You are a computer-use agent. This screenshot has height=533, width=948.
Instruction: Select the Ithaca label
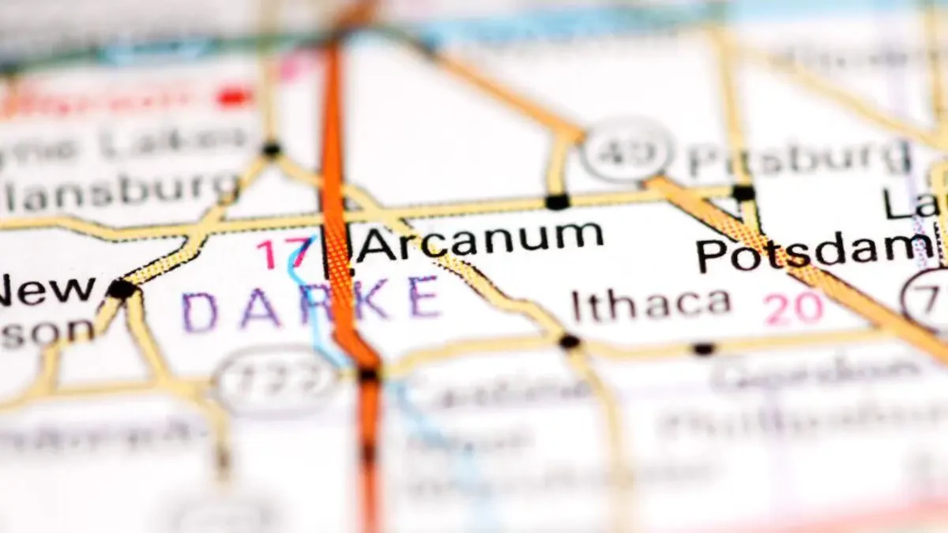[x=651, y=305]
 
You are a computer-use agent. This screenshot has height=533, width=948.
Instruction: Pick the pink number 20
[x=795, y=308]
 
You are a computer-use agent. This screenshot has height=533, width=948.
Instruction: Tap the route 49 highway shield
[x=627, y=149]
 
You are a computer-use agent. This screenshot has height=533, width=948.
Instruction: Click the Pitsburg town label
[x=798, y=157]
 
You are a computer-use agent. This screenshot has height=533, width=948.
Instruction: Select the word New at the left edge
[x=47, y=291]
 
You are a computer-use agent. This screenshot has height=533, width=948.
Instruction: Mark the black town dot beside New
[x=122, y=289]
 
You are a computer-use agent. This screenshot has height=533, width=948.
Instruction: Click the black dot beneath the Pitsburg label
[x=743, y=192]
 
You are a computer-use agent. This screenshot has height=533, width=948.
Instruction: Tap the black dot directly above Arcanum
[x=558, y=201]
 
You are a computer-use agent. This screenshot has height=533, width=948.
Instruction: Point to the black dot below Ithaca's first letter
[x=569, y=342]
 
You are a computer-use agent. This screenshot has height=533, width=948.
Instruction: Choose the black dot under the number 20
[x=702, y=348]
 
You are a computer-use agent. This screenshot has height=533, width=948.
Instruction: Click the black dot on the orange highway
[x=368, y=375]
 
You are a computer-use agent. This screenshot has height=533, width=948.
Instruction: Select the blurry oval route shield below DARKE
[x=277, y=382]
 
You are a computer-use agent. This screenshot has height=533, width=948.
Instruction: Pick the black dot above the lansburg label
[x=272, y=148]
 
